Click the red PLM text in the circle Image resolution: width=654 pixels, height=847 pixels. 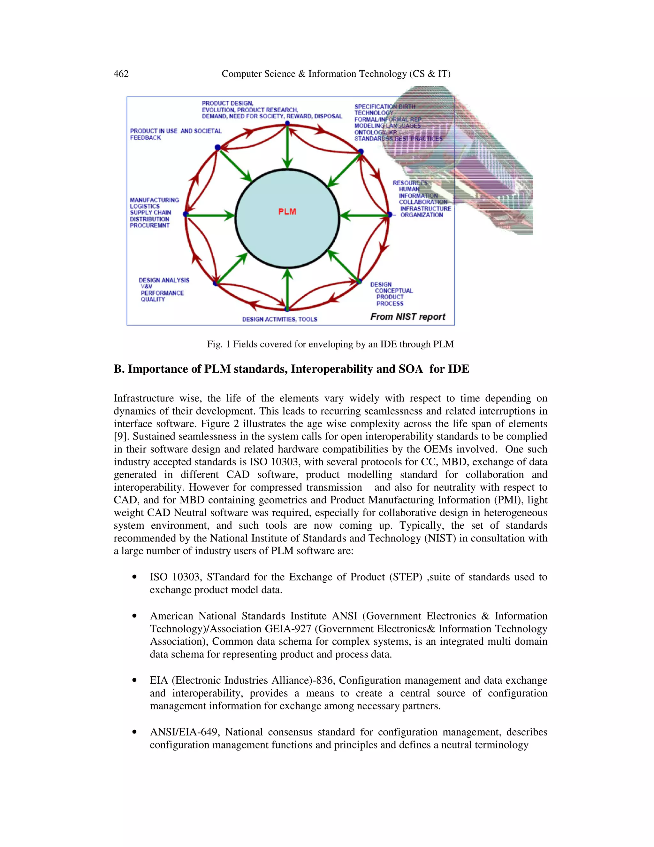point(287,212)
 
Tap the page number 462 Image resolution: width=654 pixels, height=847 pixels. point(121,74)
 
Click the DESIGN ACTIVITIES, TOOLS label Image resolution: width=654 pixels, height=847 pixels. point(279,319)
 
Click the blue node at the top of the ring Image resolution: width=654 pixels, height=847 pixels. point(287,123)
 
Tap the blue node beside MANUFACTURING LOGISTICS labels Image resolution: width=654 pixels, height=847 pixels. point(186,214)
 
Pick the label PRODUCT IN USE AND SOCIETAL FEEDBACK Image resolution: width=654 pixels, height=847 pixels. point(176,134)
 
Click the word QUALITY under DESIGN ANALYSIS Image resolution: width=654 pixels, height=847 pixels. point(153,299)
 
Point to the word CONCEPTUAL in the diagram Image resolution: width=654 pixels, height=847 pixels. point(394,291)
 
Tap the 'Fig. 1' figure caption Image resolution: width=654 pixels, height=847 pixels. point(330,344)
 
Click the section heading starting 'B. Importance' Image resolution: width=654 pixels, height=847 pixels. point(291,369)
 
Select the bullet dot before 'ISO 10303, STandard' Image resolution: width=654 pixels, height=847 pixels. point(134,577)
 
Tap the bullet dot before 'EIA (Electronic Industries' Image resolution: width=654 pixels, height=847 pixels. point(134,680)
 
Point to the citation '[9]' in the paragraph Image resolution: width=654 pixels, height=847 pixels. point(120,436)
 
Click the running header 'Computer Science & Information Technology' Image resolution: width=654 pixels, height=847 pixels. point(336,74)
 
